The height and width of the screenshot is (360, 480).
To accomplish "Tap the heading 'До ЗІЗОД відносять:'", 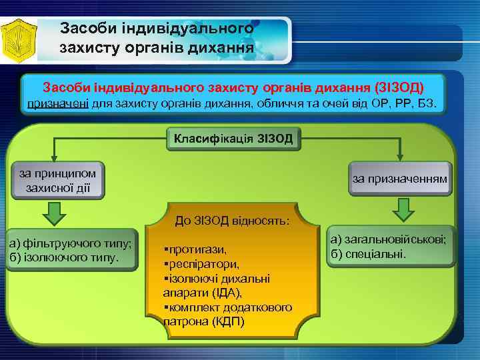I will point(233,219).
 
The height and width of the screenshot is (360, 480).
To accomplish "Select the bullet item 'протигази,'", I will point(195,249).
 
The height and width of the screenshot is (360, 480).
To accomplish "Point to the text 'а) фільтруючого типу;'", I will point(69,243).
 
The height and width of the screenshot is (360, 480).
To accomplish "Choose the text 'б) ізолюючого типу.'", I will point(64,257).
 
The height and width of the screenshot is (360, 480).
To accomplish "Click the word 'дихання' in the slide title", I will point(221,48).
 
